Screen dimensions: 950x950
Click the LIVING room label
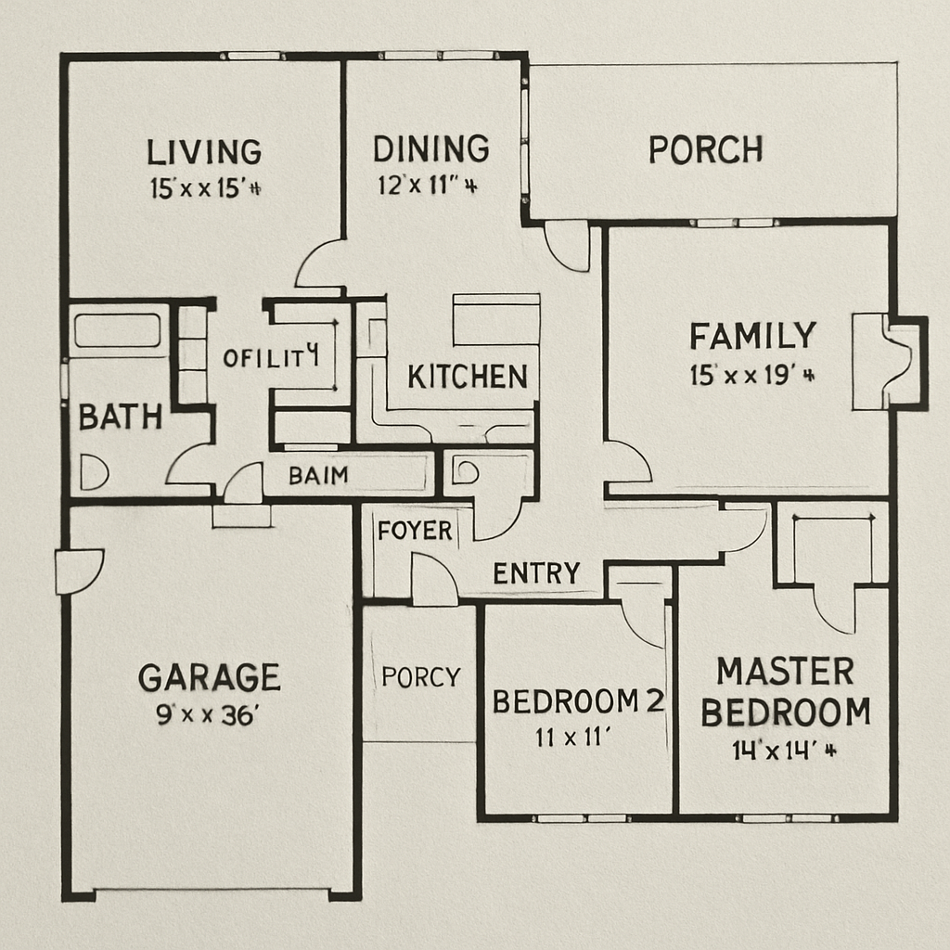click(204, 151)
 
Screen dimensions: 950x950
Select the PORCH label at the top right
click(705, 149)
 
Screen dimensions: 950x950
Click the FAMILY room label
click(752, 335)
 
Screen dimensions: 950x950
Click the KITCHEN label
click(468, 377)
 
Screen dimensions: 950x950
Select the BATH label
click(120, 417)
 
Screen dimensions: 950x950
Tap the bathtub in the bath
click(117, 330)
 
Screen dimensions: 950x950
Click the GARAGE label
click(209, 677)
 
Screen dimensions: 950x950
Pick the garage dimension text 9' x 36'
click(207, 715)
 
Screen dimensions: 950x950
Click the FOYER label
click(415, 531)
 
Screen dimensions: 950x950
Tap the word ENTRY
click(536, 573)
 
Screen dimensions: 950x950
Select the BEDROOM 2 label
click(578, 701)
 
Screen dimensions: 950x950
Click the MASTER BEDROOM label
click(785, 691)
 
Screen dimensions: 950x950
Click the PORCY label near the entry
click(420, 677)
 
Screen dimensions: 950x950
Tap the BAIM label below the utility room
click(318, 476)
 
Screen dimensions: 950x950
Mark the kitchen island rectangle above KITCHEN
click(495, 320)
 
